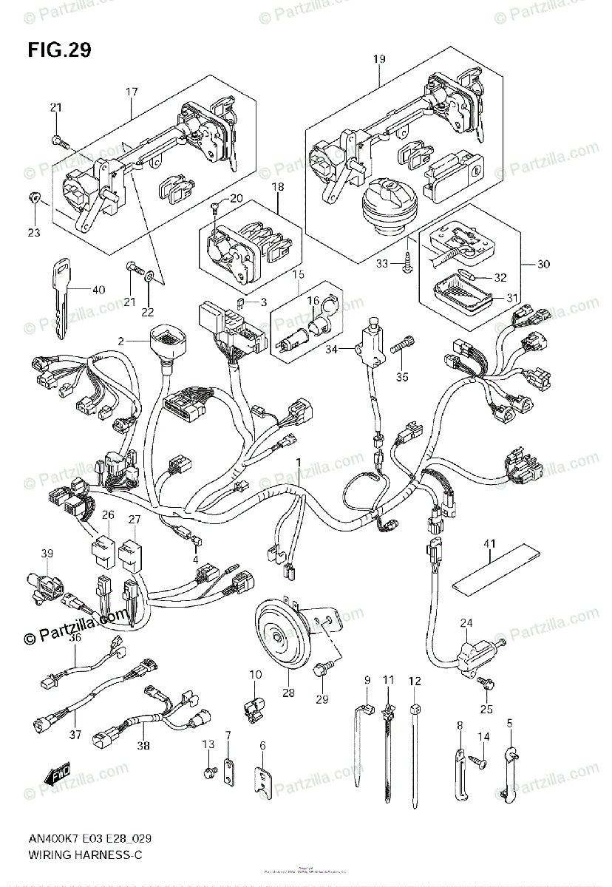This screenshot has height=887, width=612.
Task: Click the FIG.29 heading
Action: (x=59, y=50)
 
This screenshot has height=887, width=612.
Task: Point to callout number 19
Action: (x=378, y=59)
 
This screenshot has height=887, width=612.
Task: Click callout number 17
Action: (x=132, y=92)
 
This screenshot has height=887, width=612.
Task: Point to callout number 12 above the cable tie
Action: (x=414, y=680)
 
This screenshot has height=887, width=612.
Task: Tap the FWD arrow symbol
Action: (x=56, y=775)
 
